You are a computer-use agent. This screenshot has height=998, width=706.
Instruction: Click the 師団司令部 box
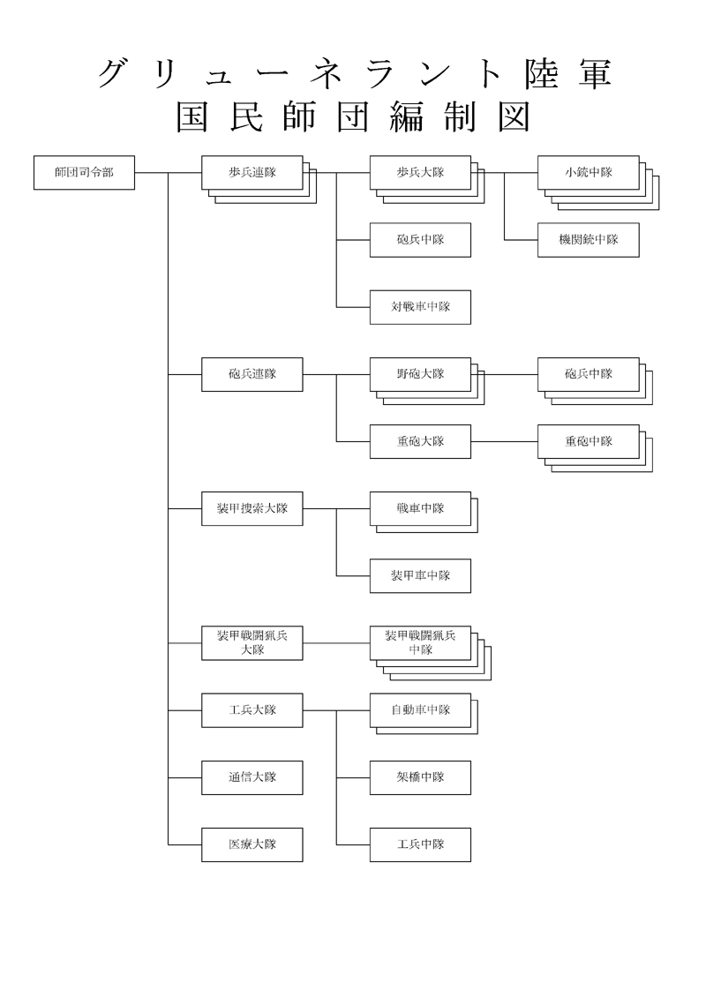[84, 172]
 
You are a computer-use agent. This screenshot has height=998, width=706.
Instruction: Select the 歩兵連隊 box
[252, 172]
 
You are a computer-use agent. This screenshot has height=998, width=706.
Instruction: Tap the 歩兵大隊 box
[420, 172]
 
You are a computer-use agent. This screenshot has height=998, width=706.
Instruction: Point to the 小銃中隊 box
[588, 172]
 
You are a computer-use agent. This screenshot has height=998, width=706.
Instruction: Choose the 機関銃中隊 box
[588, 239]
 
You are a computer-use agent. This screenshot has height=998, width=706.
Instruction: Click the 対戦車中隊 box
[420, 307]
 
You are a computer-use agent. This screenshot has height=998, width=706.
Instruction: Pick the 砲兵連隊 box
[252, 374]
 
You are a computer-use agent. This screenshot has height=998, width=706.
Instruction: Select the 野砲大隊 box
[420, 374]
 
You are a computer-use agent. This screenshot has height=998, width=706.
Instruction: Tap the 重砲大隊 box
[420, 441]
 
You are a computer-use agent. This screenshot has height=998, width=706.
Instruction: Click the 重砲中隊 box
[588, 441]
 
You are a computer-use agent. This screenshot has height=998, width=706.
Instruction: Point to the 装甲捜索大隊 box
[252, 508]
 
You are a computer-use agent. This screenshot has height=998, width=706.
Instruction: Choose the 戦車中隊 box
[420, 508]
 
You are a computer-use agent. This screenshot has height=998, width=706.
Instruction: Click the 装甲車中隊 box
[420, 575]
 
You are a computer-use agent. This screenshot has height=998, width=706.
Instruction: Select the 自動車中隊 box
[420, 710]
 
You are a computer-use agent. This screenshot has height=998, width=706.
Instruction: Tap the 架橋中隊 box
[420, 777]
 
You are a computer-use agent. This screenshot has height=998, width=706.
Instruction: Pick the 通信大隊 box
[252, 777]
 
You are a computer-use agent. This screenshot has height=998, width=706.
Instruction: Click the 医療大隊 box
[252, 844]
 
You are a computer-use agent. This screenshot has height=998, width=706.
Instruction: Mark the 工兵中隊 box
[420, 844]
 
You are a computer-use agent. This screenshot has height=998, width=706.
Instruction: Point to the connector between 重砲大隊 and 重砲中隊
[504, 441]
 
